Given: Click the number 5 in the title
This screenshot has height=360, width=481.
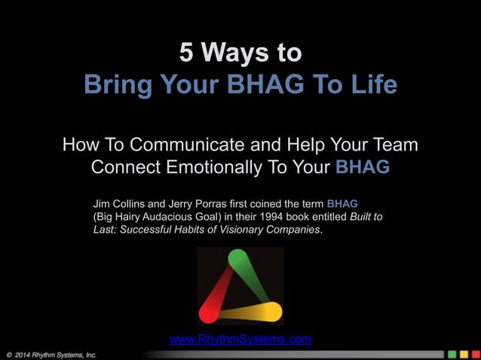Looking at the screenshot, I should pos(186,53).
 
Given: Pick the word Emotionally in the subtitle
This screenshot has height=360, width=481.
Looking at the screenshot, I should pos(237,166).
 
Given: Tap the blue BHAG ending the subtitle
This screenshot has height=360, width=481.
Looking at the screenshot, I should pos(362,166).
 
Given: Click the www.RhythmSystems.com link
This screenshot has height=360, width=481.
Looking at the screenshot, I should pos(240,339).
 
